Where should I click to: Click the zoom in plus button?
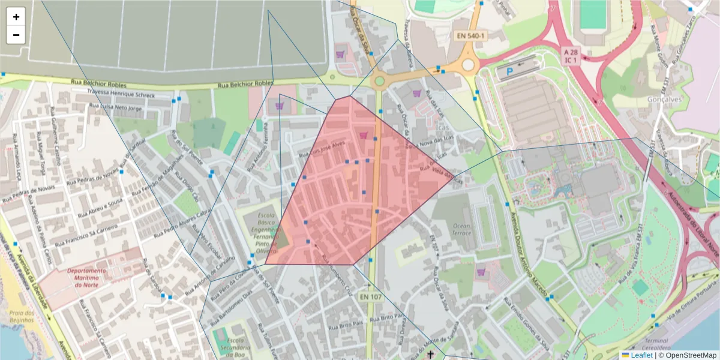(16, 17)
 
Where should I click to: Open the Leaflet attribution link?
(641, 355)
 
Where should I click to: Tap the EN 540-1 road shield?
(470, 36)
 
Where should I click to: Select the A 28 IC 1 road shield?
(570, 56)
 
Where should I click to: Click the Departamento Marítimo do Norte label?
(86, 278)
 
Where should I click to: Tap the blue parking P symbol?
(509, 71)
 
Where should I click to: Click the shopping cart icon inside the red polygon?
(363, 136)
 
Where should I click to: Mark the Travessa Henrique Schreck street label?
(121, 95)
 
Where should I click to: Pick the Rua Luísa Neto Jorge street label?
(116, 107)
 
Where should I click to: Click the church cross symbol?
(430, 355)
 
